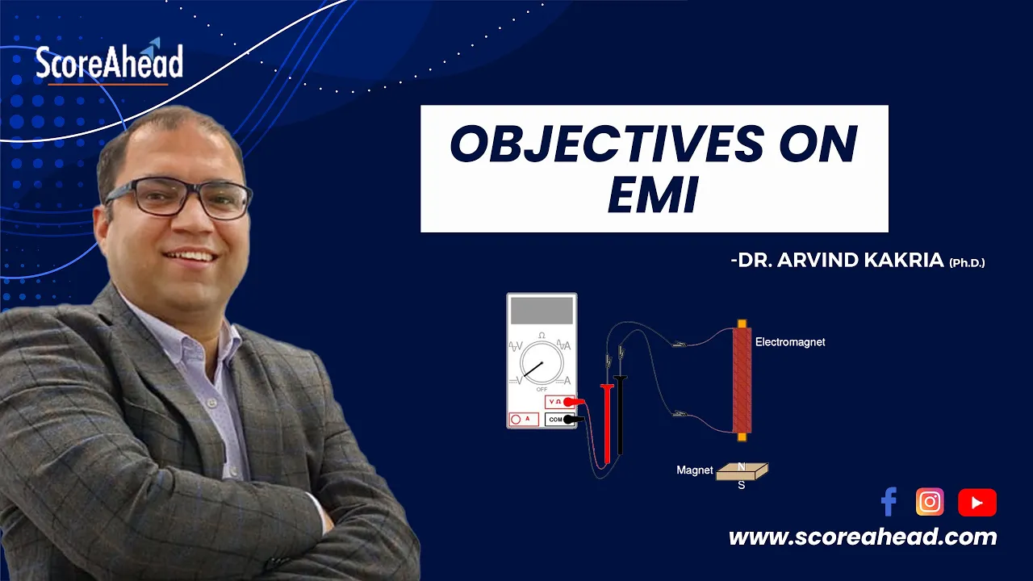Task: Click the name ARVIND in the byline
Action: point(818,260)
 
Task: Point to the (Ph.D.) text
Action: point(967,263)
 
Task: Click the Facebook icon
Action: point(889,501)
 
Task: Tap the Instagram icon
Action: point(930,502)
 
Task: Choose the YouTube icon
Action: point(977,502)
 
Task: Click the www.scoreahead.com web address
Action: point(863,537)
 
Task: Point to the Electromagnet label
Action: point(790,342)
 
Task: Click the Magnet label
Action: point(695,470)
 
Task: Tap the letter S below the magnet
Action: point(742,485)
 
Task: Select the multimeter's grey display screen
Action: point(542,311)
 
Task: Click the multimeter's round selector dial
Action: point(542,362)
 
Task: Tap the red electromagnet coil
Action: point(742,380)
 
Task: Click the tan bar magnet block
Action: point(742,472)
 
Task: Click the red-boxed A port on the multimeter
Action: point(524,419)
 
